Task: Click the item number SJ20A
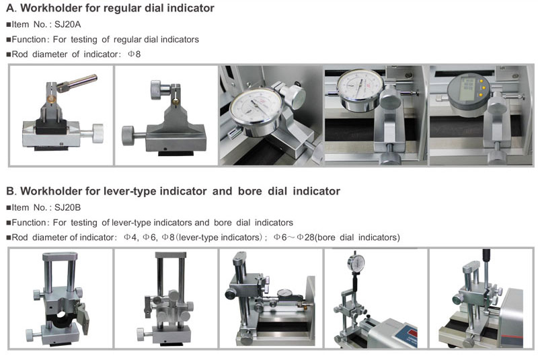[68, 24]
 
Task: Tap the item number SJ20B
[68, 208]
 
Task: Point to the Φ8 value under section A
[134, 55]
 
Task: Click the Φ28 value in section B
[306, 238]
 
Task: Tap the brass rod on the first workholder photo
[77, 83]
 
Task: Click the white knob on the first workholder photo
[98, 133]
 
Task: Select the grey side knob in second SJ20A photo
[128, 135]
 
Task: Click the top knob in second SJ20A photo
[155, 90]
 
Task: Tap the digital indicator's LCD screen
[467, 89]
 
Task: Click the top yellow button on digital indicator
[482, 81]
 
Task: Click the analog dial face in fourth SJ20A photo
[360, 86]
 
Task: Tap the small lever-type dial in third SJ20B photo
[284, 293]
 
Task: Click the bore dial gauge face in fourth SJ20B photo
[356, 262]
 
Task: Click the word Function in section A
[28, 40]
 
